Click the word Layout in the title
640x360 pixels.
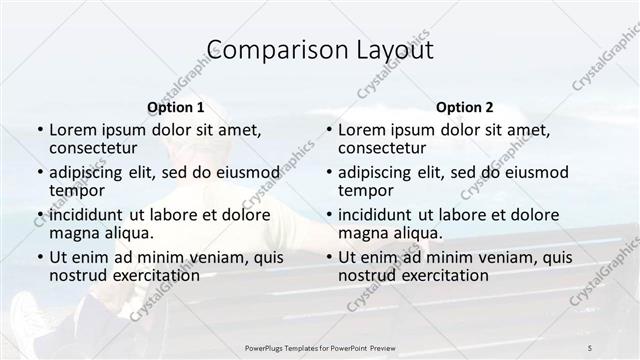(397, 51)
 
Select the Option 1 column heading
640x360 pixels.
(175, 106)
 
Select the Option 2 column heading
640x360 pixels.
(464, 106)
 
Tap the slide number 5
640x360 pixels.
(590, 347)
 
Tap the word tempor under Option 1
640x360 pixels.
(76, 190)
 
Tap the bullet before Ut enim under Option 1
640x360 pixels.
(39, 257)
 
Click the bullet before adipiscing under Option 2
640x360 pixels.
(328, 172)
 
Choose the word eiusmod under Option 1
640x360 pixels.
(247, 172)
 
